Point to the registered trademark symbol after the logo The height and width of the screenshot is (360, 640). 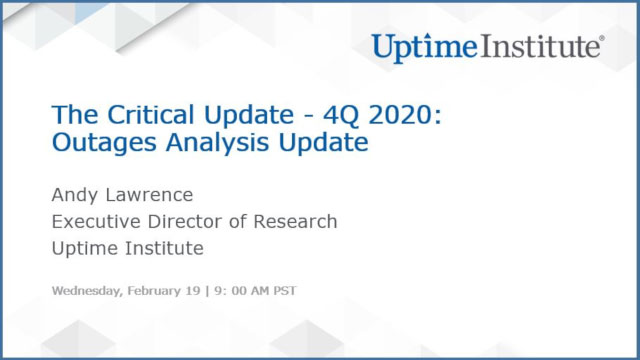tap(601, 40)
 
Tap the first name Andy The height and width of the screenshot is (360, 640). tap(72, 195)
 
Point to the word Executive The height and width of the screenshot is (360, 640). tap(96, 221)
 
